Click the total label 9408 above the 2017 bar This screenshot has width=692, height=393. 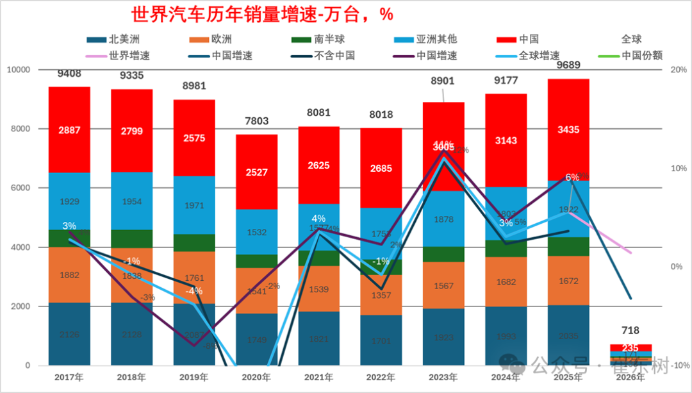(x=69, y=73)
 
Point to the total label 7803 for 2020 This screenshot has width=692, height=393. (x=256, y=121)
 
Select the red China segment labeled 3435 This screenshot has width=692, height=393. (x=568, y=130)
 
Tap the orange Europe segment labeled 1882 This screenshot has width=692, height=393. (x=69, y=275)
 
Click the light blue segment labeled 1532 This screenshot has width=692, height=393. (x=256, y=231)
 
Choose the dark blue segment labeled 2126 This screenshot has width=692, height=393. (x=69, y=333)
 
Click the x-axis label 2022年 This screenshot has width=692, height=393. (x=381, y=377)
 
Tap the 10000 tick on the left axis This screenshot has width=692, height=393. (x=19, y=69)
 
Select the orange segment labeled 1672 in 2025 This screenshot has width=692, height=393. (x=568, y=280)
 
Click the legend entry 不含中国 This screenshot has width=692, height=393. (x=334, y=56)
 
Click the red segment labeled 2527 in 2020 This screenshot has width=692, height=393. (x=256, y=172)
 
